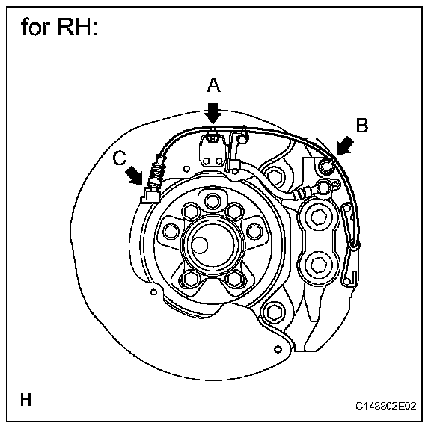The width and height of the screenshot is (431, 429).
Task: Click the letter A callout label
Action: point(213,84)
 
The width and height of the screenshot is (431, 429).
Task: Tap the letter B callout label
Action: point(361,125)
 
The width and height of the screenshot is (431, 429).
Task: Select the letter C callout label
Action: point(119,158)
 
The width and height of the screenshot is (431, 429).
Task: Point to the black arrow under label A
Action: point(213,113)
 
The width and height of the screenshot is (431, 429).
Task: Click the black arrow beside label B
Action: point(345,146)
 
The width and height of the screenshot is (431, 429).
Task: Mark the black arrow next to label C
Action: point(134,175)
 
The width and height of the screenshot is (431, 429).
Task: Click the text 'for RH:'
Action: point(59,27)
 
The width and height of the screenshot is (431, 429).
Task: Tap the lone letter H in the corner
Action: point(26,399)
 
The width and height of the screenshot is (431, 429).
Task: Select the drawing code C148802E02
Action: point(386,406)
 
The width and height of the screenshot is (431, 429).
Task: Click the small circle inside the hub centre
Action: point(200,245)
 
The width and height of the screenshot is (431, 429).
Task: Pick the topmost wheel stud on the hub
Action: point(213,201)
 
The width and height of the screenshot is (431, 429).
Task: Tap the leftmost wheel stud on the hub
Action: point(171,231)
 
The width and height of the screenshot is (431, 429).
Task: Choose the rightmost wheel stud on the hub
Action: point(254,231)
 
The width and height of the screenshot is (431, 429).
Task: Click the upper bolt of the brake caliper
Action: point(319,217)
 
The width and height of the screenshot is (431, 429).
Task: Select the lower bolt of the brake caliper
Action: point(319,265)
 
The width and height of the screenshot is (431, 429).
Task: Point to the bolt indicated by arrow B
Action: point(326,166)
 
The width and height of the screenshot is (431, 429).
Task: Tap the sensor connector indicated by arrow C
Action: point(150,195)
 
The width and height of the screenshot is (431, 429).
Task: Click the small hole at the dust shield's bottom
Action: point(278,349)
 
